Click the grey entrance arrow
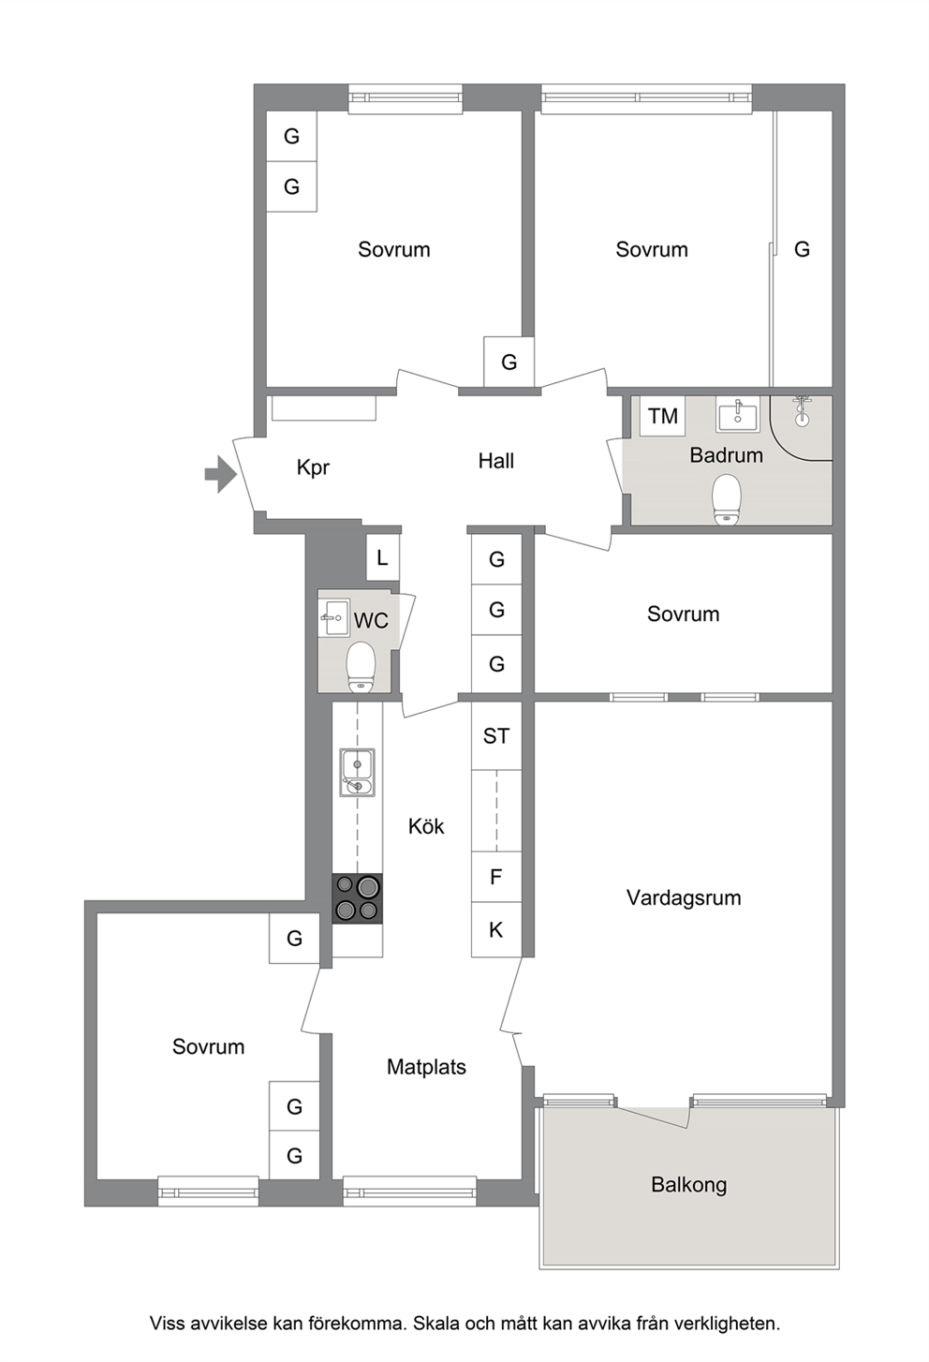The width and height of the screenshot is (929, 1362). (221, 474)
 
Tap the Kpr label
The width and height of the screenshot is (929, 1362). (313, 467)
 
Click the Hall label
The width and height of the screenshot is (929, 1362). (496, 461)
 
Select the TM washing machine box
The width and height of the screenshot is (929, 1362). (662, 416)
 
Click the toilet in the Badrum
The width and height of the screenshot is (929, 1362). (727, 499)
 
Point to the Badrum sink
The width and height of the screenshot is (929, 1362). (737, 415)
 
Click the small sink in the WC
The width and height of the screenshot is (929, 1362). (333, 617)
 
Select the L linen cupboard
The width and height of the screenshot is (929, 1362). (382, 557)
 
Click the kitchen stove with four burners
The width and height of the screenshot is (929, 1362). (358, 898)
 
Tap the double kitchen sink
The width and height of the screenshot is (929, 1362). (358, 772)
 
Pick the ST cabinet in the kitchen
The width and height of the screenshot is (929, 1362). (496, 735)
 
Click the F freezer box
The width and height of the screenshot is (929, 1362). (496, 877)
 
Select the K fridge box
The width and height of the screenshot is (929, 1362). (496, 929)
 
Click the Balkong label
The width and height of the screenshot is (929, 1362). (689, 1185)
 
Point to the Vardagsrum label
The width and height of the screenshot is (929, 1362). (684, 898)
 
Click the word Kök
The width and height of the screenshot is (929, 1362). (426, 826)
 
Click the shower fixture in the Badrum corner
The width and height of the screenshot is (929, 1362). (803, 411)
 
